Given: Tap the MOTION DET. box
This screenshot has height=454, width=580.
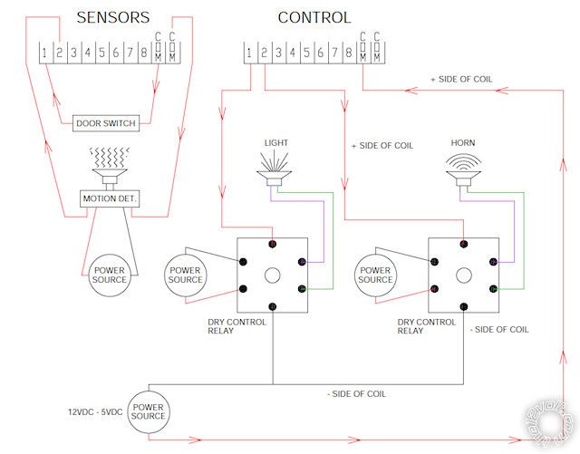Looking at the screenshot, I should click(110, 198).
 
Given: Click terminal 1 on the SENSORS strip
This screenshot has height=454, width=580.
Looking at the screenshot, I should click(44, 53).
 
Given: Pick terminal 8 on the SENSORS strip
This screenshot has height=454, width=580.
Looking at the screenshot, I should click(144, 53).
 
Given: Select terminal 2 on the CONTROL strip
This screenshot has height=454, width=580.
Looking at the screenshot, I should click(263, 53).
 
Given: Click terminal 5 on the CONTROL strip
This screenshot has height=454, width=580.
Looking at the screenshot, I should click(306, 53).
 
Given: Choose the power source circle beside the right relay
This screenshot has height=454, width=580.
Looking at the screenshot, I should click(374, 274).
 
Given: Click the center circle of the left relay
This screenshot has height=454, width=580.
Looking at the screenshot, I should click(272, 275).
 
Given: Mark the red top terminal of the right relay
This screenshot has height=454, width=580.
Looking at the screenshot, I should click(463, 244).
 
